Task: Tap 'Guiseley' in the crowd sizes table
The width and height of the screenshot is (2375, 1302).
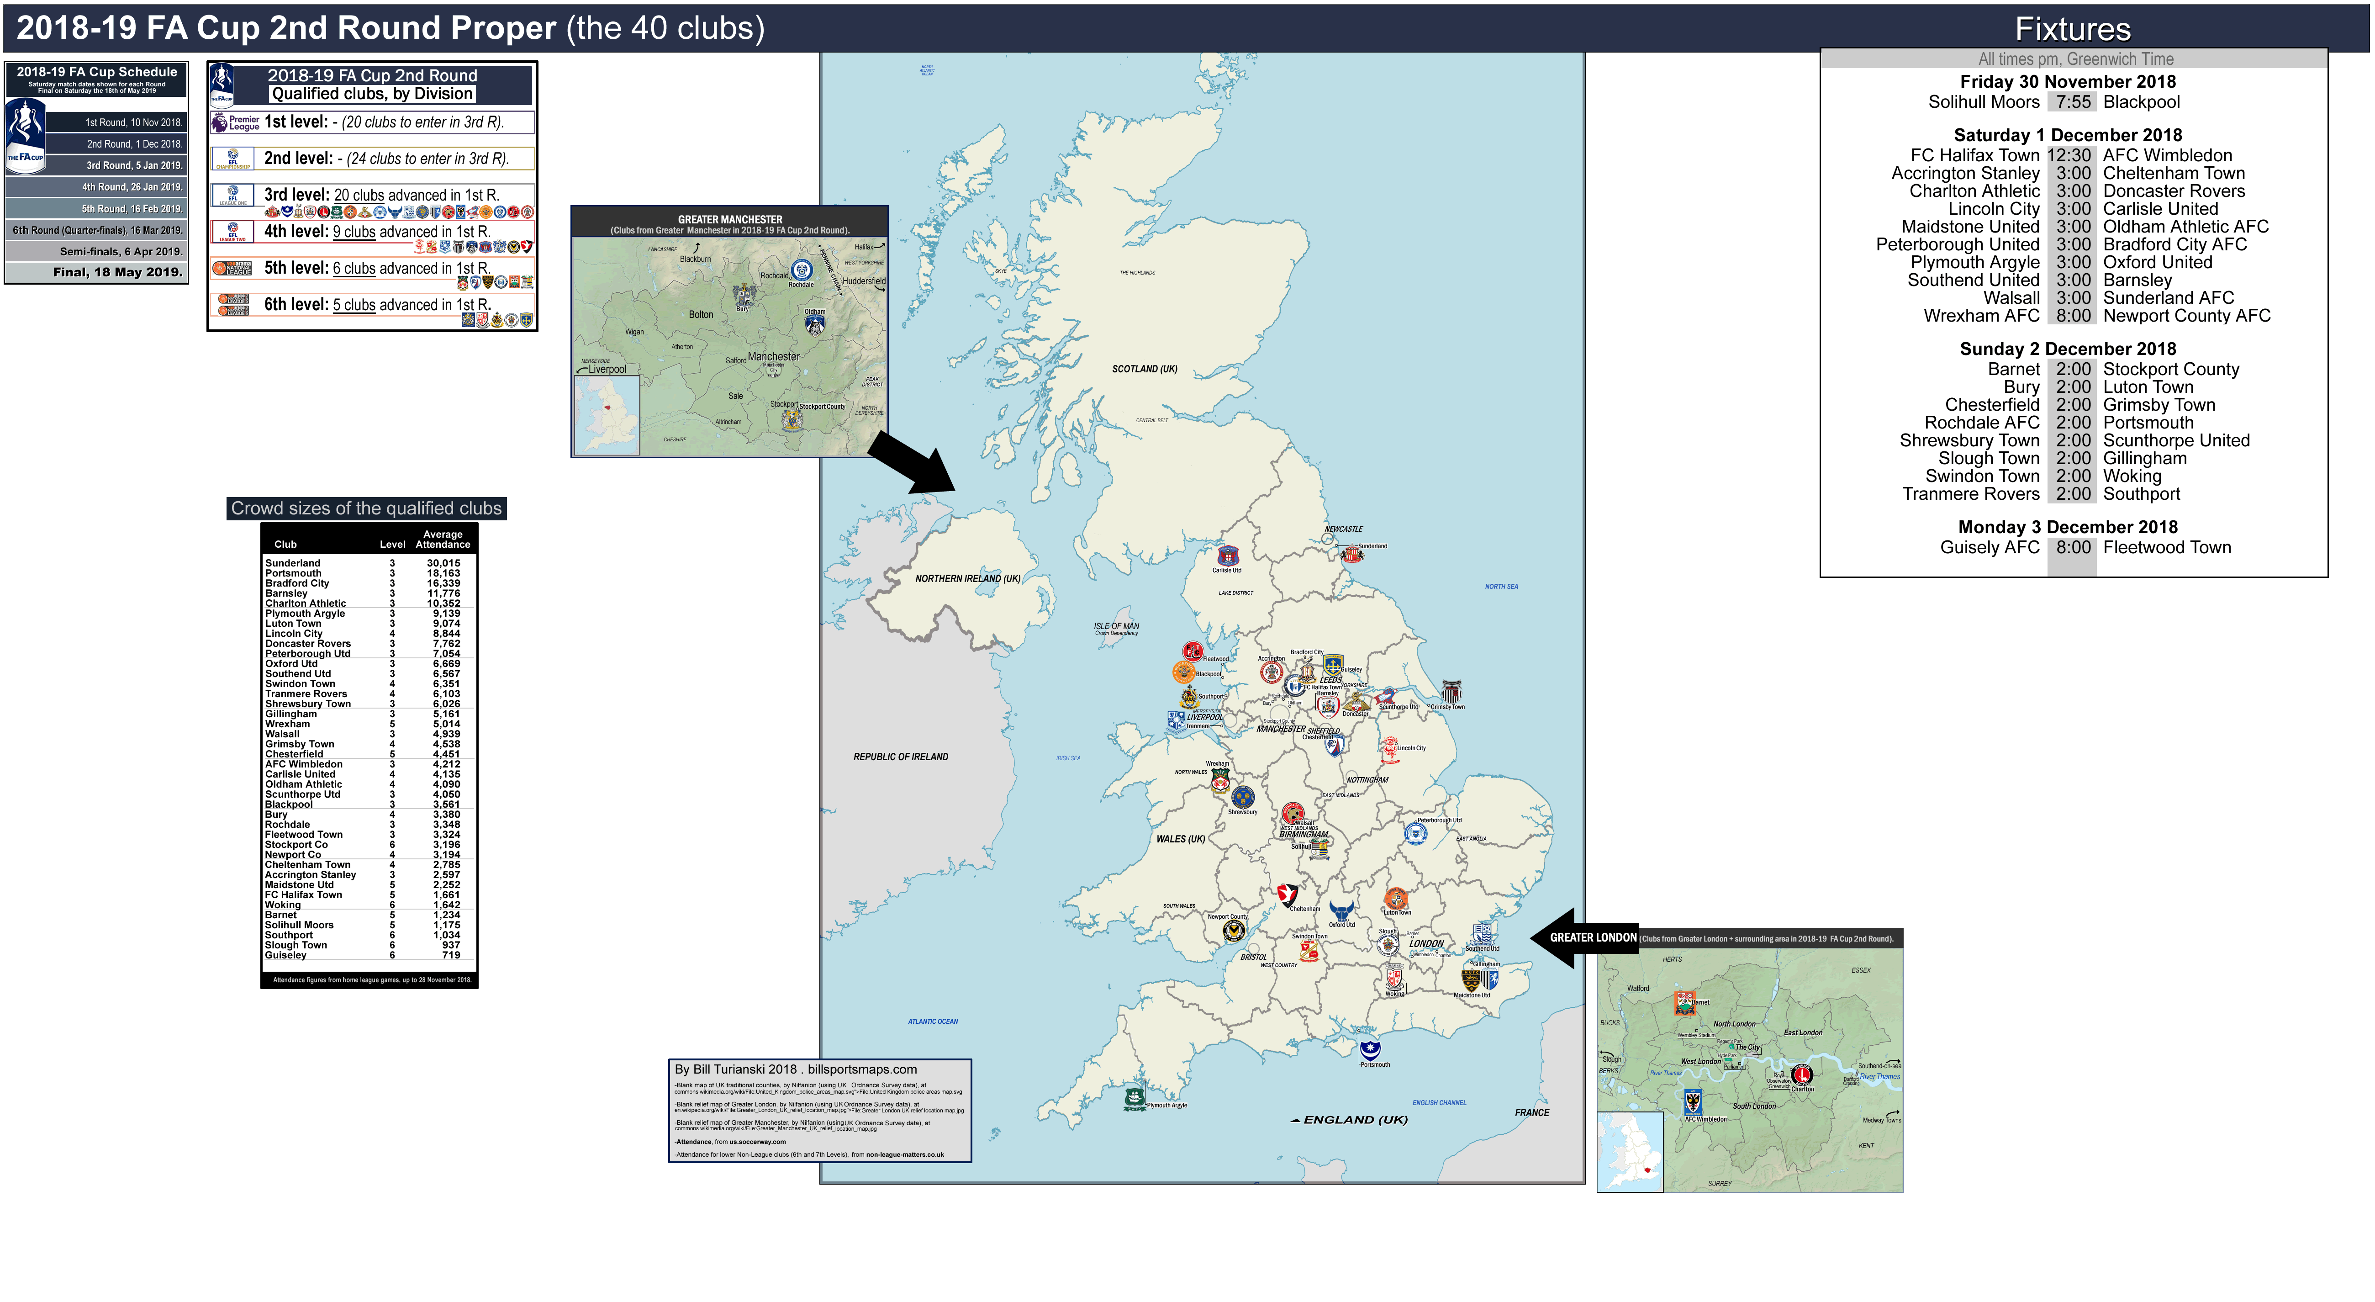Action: pyautogui.click(x=286, y=955)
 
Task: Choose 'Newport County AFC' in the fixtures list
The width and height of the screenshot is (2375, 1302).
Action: pyautogui.click(x=2186, y=315)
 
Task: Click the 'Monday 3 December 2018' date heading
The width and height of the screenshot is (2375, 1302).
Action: pyautogui.click(x=2067, y=527)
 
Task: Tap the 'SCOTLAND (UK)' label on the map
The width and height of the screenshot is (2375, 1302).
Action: pyautogui.click(x=1144, y=369)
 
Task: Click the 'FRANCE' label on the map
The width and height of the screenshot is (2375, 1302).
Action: pyautogui.click(x=1531, y=1112)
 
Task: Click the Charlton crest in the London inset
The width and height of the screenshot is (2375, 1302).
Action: pyautogui.click(x=1801, y=1074)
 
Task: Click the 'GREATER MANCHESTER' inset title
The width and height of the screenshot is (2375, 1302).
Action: pyautogui.click(x=729, y=219)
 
